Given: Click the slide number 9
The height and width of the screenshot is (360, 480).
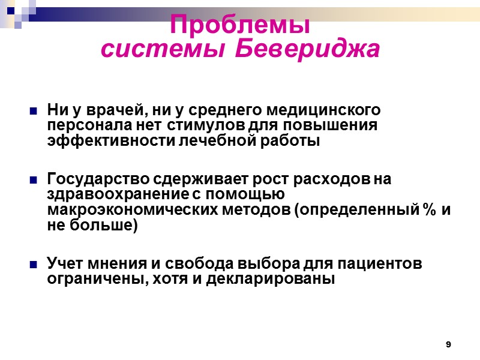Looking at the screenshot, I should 448,344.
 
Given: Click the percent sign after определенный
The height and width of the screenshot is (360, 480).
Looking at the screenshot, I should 427,209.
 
